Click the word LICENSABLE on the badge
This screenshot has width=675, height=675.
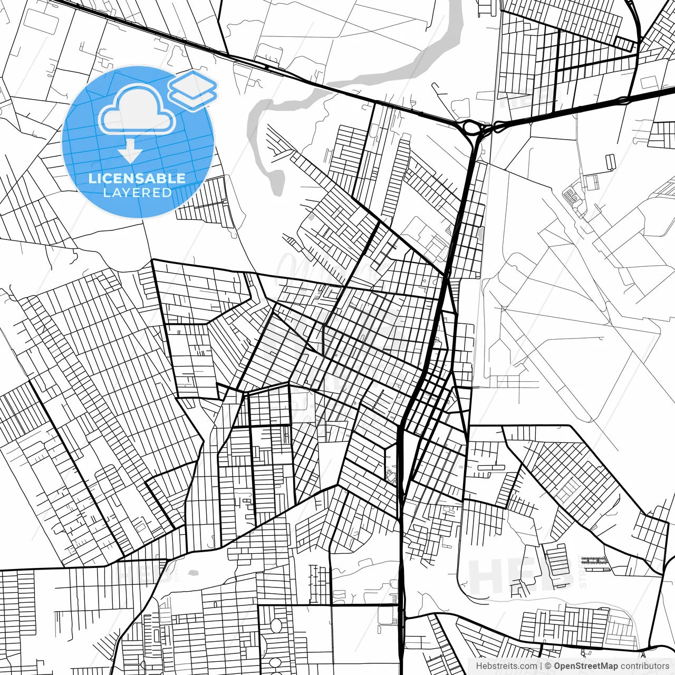coord(137,178)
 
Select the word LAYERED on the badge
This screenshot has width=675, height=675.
coord(137,193)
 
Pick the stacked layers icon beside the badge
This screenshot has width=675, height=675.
coord(193,90)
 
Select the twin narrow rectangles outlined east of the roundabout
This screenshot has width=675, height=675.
coord(610,161)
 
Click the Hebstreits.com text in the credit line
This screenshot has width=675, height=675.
coord(507,666)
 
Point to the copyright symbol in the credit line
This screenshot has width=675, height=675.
coord(548,666)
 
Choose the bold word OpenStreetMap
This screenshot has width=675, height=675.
coord(585,666)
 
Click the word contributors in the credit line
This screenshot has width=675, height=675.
coord(644,666)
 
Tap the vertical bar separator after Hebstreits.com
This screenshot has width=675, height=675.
coord(542,666)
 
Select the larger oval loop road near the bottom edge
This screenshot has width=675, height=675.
coord(276,627)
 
